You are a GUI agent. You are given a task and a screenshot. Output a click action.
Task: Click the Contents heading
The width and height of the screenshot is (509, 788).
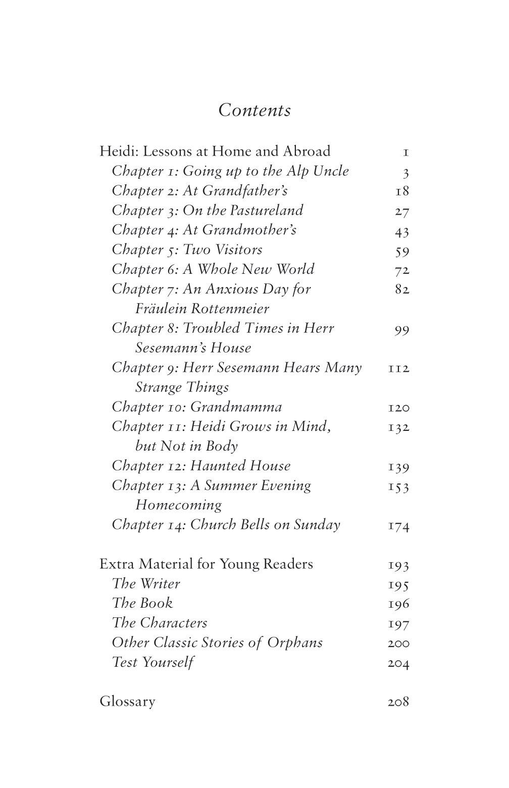254,110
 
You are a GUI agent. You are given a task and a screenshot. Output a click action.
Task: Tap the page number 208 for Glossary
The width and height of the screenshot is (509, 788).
398,702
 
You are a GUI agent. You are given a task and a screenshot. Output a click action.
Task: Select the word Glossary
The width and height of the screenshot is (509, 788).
127,702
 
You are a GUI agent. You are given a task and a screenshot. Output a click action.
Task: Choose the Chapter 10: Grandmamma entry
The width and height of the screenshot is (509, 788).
197,407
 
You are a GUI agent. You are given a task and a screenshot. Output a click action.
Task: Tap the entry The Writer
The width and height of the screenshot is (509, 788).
146,584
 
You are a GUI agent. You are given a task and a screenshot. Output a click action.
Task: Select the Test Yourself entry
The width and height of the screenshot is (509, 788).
152,662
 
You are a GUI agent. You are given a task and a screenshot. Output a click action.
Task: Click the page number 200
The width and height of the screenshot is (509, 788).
398,643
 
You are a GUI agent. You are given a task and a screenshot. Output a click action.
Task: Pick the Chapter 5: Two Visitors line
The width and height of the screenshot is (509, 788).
187,250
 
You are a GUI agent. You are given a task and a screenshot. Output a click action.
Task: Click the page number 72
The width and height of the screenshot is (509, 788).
401,270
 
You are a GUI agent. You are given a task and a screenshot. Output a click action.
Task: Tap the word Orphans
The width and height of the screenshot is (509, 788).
295,643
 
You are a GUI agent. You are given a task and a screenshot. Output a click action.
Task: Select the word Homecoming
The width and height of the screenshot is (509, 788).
178,505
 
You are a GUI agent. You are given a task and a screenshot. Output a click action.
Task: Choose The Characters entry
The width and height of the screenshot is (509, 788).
160,623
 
